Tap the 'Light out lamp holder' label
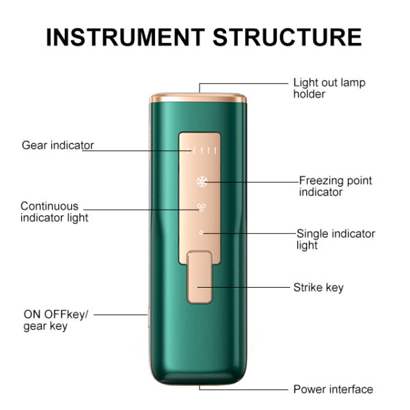pyautogui.click(x=329, y=88)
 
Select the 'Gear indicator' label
pyautogui.click(x=57, y=145)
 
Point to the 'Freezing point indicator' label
pyautogui.click(x=335, y=187)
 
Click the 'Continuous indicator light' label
pyautogui.click(x=54, y=212)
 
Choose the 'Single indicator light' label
pyautogui.click(x=335, y=239)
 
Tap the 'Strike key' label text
pyautogui.click(x=318, y=288)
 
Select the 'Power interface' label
pyautogui.click(x=333, y=389)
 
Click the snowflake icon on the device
pyautogui.click(x=202, y=182)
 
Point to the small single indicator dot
pyautogui.click(x=202, y=233)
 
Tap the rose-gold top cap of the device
pyautogui.click(x=198, y=97)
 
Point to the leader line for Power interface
pyautogui.click(x=246, y=389)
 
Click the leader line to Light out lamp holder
pyautogui.click(x=246, y=83)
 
